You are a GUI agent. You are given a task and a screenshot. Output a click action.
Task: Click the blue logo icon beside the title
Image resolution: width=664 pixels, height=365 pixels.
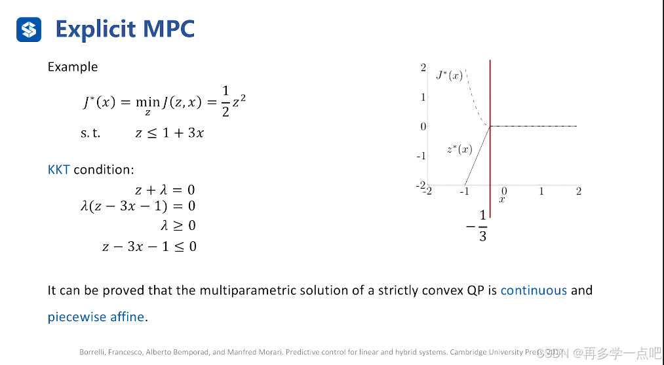tap(29, 29)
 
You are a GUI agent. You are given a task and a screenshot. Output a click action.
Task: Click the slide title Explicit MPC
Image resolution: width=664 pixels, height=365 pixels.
tap(125, 29)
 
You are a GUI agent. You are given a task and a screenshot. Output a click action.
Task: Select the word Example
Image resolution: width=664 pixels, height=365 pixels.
tap(73, 67)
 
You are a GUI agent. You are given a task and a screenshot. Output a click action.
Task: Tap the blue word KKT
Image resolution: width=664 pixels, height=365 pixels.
tap(58, 170)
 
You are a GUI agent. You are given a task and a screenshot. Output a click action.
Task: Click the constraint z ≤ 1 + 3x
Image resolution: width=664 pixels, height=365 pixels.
tap(169, 132)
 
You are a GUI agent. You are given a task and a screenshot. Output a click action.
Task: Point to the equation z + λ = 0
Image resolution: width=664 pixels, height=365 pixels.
tap(165, 190)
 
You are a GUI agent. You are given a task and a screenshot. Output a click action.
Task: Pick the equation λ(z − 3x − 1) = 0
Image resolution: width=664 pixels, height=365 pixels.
tap(138, 206)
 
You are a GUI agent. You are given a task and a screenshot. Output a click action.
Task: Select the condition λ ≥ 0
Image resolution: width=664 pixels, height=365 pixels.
tap(178, 226)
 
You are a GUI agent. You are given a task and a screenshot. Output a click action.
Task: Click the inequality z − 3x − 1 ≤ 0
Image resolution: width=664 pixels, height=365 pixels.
tap(149, 246)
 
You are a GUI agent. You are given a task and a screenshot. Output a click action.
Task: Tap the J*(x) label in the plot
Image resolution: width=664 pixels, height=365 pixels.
tap(450, 75)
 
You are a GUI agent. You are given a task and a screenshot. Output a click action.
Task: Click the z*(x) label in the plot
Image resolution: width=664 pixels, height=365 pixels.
tap(459, 149)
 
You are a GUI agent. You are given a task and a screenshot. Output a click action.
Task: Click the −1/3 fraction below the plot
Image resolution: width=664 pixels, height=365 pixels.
tap(478, 226)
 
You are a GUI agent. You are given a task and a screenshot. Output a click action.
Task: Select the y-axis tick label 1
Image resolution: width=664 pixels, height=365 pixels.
tap(423, 97)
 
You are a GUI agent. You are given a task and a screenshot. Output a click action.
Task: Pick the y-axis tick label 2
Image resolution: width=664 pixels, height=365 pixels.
tap(423, 67)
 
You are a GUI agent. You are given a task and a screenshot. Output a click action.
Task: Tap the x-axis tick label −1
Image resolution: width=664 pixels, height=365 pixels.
tap(464, 191)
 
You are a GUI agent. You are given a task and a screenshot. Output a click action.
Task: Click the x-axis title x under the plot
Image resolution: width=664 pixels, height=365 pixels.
tap(501, 199)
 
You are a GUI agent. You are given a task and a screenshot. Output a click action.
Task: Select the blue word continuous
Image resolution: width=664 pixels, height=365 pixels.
tap(534, 290)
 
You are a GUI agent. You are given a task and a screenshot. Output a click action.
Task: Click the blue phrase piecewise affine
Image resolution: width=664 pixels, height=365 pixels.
tap(96, 317)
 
